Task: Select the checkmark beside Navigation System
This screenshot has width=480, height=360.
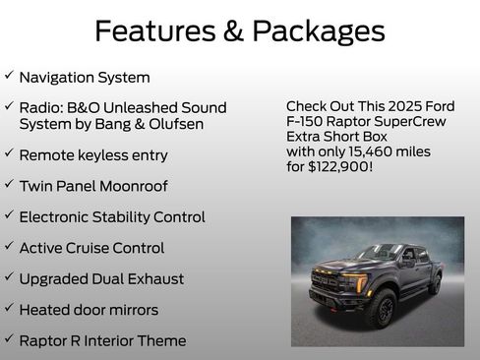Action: (x=9, y=75)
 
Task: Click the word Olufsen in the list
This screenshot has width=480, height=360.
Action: (x=194, y=124)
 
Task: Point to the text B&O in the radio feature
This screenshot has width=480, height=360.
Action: (x=86, y=107)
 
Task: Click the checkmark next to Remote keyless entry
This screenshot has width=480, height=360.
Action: (x=9, y=153)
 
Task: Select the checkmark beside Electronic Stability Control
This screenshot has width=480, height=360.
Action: (x=9, y=215)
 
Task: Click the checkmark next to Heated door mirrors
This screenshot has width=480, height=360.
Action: (x=9, y=309)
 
